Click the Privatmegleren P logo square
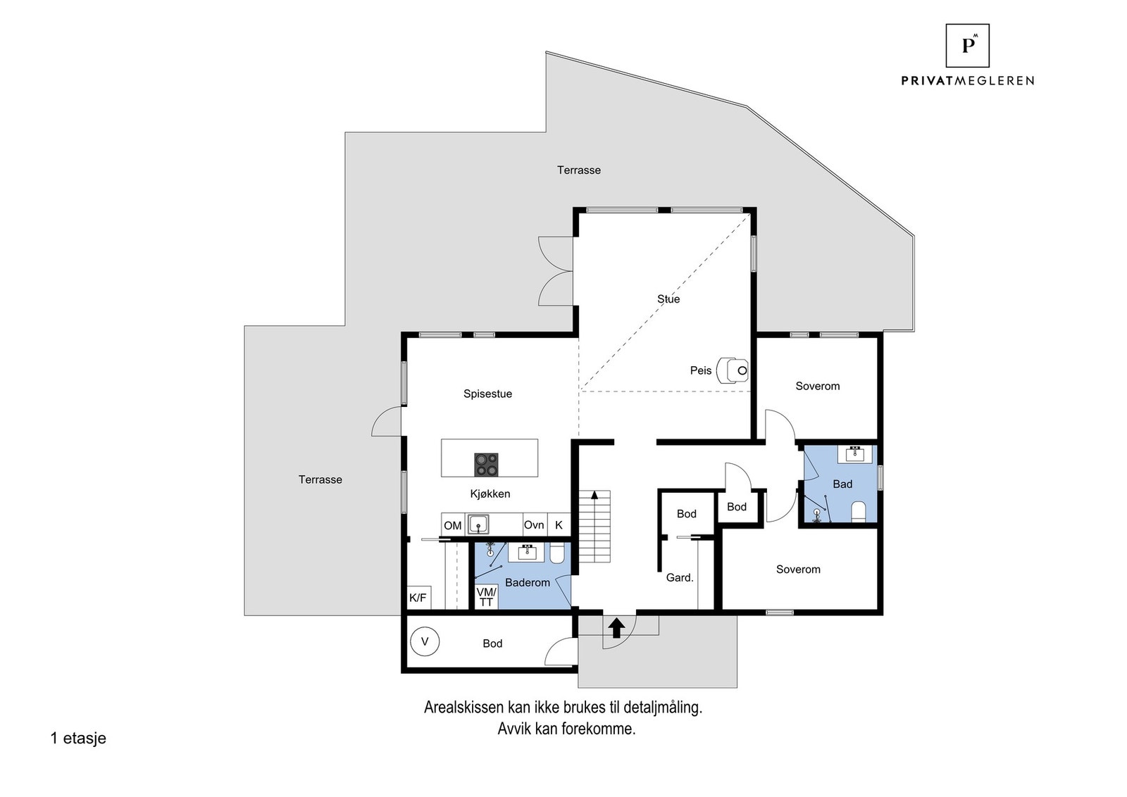coord(968,45)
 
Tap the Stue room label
coord(668,299)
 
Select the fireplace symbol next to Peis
coord(732,370)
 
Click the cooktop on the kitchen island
coord(486,465)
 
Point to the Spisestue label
coord(487,394)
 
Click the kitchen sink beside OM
coord(478,524)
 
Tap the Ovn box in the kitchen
coord(534,525)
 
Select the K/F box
coord(418,597)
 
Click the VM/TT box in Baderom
coord(487,597)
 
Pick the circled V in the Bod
coord(425,641)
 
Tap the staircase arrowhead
coord(594,495)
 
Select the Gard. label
coord(680,578)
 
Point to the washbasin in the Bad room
coord(855,453)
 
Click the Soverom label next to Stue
coord(818,387)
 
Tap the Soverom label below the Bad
coord(798,569)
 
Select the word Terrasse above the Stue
coord(578,170)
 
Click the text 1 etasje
coord(78,738)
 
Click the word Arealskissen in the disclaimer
coord(463,708)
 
